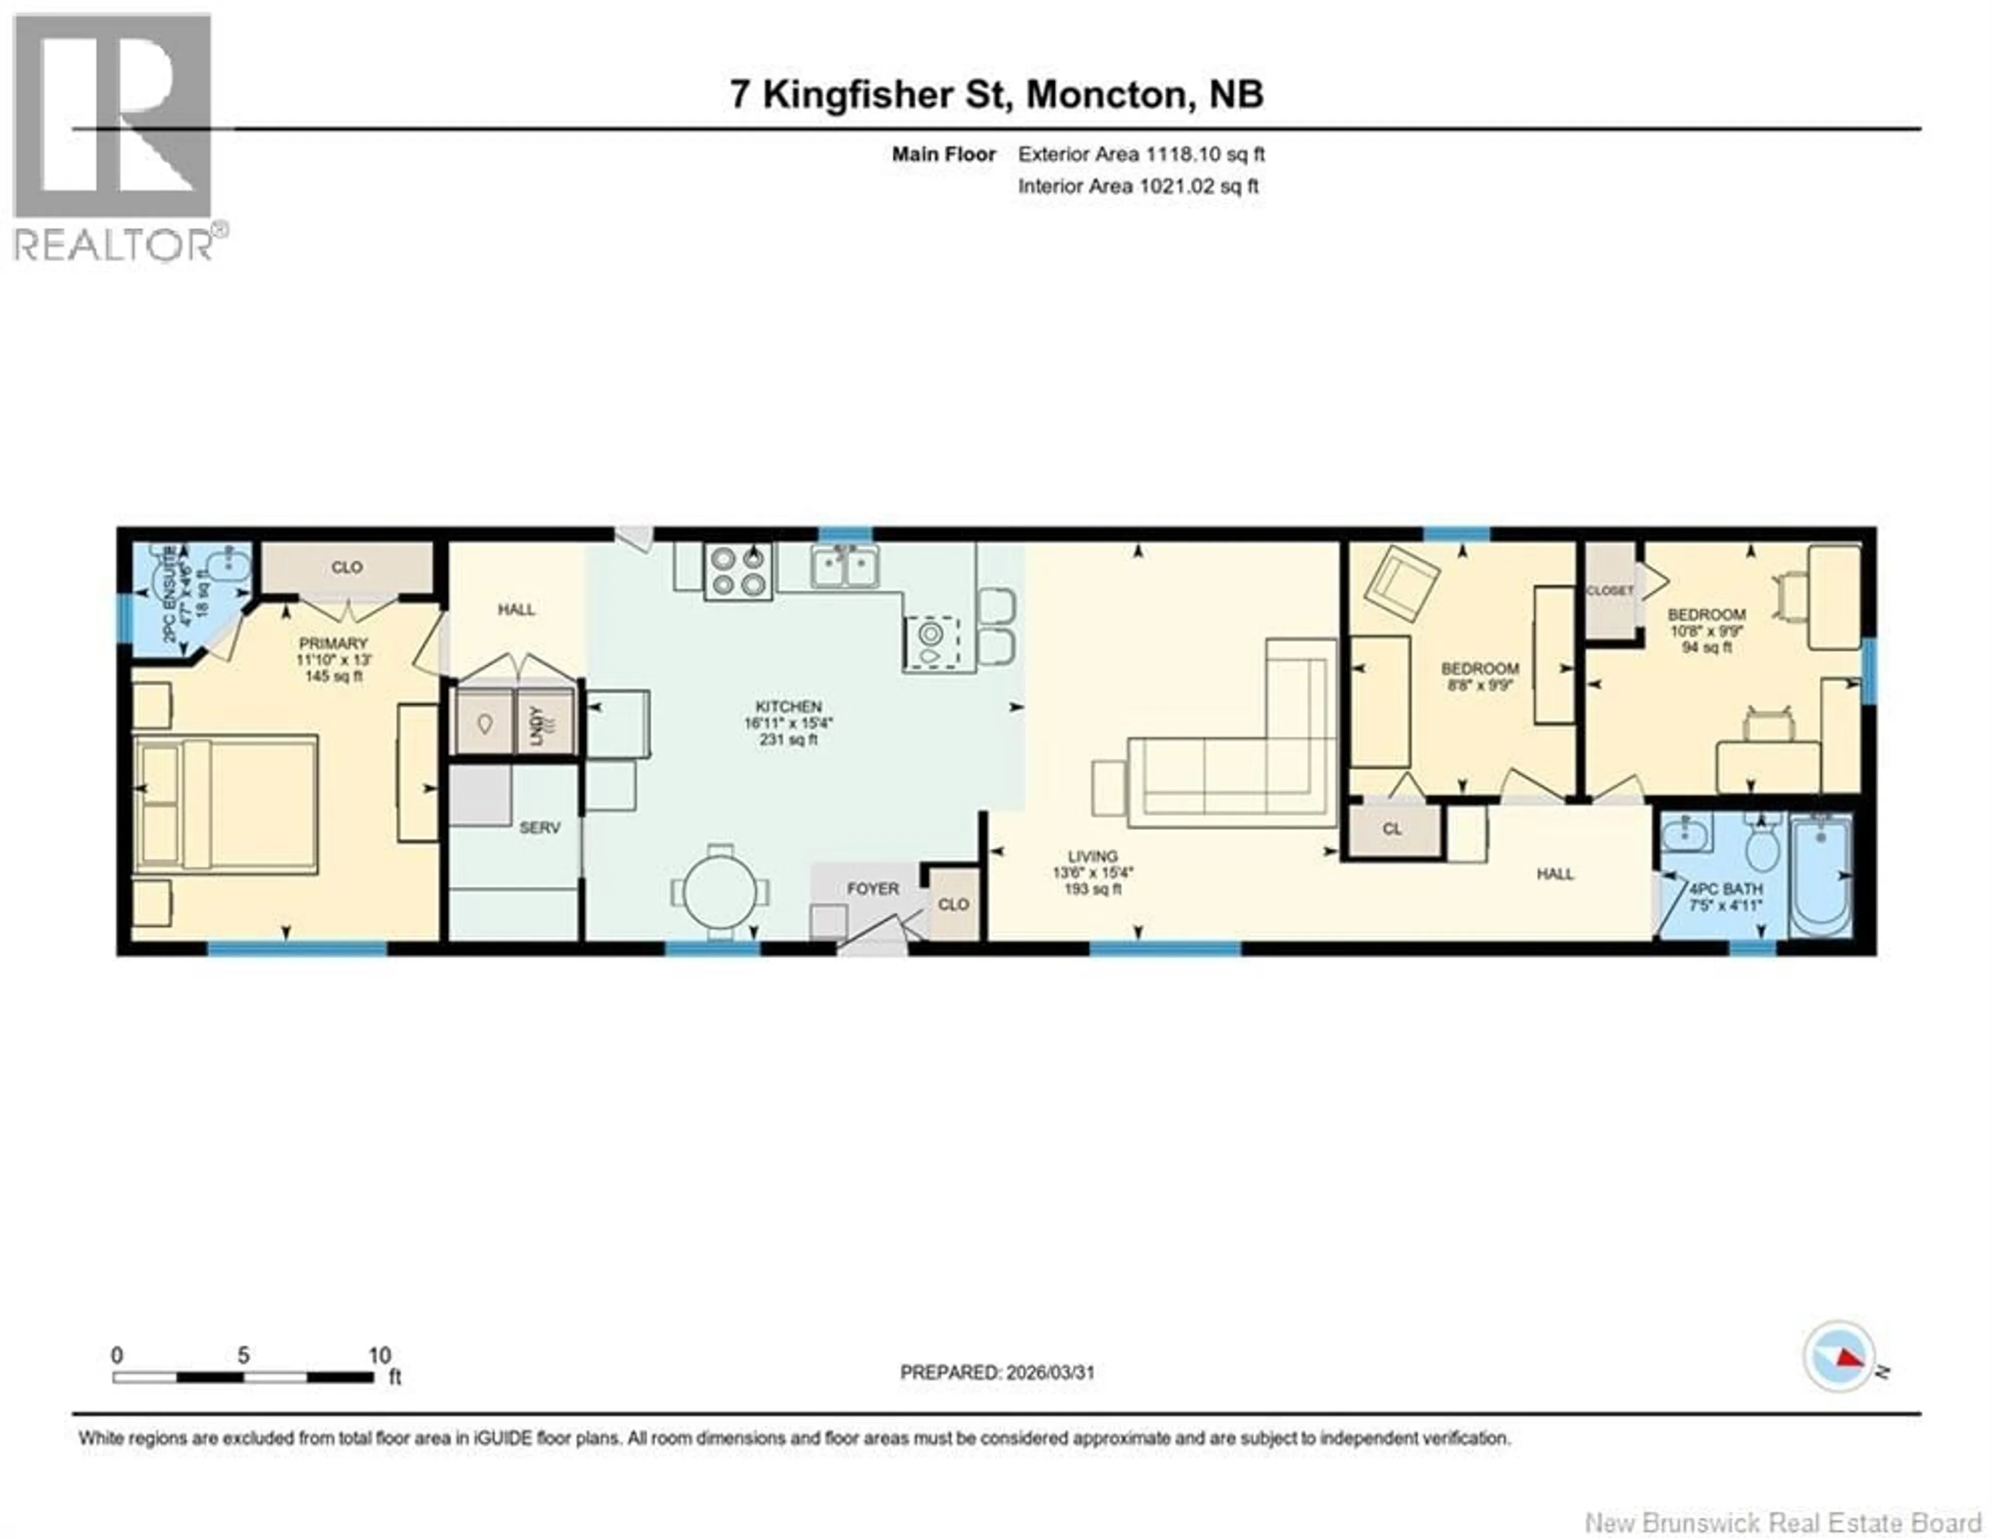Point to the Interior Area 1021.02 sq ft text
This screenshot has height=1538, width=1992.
point(1138,186)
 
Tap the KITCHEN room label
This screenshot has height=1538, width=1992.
point(788,707)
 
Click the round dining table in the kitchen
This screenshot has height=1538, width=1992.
point(720,892)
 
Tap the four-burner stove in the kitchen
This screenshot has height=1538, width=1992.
point(738,571)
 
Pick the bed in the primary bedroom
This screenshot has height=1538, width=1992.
point(226,805)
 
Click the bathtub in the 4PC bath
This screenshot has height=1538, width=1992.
point(1820,876)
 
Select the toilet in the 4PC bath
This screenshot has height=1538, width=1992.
point(1762,846)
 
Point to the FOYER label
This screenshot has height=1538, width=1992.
point(872,888)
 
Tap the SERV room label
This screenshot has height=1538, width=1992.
point(539,828)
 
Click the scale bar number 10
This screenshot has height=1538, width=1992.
point(379,1355)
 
